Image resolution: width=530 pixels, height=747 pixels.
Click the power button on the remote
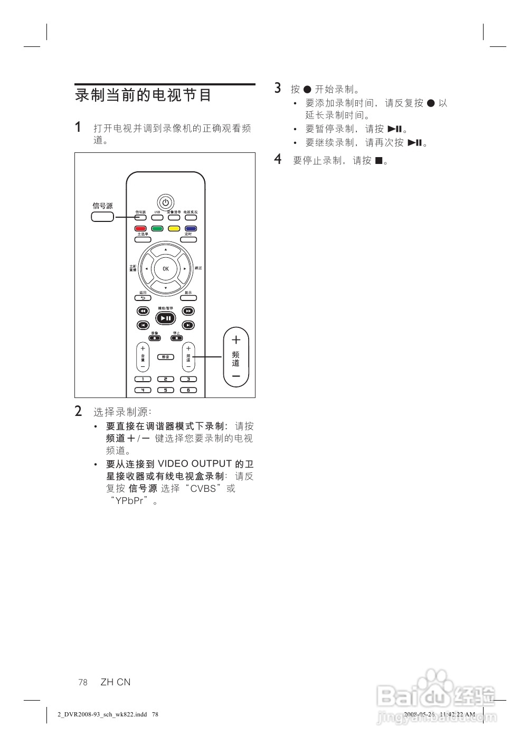pyautogui.click(x=165, y=202)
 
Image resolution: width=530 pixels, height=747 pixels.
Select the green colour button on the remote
pyautogui.click(x=157, y=229)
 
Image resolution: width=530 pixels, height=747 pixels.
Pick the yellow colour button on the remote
pyautogui.click(x=174, y=229)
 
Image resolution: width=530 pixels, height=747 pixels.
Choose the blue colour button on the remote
pyautogui.click(x=190, y=229)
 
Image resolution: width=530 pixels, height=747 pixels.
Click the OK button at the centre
pyautogui.click(x=166, y=269)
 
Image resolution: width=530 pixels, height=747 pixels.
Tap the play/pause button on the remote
pyautogui.click(x=166, y=318)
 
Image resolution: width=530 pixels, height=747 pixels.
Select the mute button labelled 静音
pyautogui.click(x=166, y=357)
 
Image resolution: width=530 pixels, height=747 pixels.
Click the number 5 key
pyautogui.click(x=166, y=390)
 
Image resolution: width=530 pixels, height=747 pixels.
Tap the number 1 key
pyautogui.click(x=143, y=379)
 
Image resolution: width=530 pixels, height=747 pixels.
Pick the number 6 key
pyautogui.click(x=188, y=390)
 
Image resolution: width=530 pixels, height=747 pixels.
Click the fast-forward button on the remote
pyautogui.click(x=188, y=312)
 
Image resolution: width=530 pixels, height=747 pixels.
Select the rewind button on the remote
pyautogui.click(x=143, y=312)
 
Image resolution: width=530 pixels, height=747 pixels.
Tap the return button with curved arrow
pyautogui.click(x=143, y=298)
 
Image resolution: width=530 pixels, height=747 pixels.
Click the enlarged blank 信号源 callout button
pyautogui.click(x=102, y=217)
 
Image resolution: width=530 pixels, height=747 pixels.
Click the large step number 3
pyautogui.click(x=278, y=89)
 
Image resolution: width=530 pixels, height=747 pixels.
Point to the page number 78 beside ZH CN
pyautogui.click(x=83, y=682)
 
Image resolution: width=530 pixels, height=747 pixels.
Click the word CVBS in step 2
pyautogui.click(x=203, y=489)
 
